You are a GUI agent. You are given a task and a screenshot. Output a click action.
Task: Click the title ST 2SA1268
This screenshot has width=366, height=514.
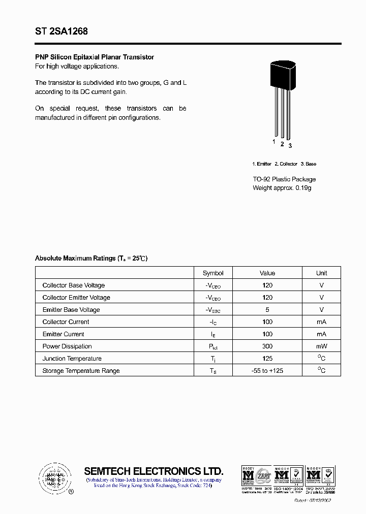tap(62, 31)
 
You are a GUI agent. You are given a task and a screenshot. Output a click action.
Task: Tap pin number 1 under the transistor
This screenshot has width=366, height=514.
tap(274, 142)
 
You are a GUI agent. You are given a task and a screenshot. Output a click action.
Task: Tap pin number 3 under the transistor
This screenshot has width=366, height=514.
tap(290, 146)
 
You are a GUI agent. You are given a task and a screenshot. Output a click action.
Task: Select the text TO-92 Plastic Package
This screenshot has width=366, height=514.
tap(284, 179)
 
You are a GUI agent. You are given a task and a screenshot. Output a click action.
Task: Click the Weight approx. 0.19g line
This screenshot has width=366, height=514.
tap(282, 188)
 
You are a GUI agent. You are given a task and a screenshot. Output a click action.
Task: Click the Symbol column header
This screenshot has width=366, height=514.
tap(213, 273)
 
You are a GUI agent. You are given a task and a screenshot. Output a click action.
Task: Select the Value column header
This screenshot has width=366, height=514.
tap(267, 273)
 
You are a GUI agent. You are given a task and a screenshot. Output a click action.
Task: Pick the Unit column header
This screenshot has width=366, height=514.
tap(321, 273)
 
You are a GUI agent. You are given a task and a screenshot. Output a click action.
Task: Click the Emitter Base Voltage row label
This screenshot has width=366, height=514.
tap(71, 310)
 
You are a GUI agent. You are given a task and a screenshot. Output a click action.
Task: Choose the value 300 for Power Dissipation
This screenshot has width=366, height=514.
tap(267, 346)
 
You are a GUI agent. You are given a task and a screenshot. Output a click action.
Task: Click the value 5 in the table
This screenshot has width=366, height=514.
tap(267, 310)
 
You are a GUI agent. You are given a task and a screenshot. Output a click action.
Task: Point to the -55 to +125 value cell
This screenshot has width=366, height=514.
tap(267, 371)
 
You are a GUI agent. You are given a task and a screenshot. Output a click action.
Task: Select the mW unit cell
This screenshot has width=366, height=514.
tap(321, 346)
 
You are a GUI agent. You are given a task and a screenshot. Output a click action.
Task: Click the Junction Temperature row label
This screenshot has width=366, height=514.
tap(72, 359)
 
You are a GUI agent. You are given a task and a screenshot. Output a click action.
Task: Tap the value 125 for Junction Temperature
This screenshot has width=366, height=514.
tap(267, 359)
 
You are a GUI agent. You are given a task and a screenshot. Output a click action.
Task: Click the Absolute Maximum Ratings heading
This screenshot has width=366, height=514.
tap(91, 259)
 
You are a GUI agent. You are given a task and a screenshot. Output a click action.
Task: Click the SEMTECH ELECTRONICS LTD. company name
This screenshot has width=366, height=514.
tap(154, 471)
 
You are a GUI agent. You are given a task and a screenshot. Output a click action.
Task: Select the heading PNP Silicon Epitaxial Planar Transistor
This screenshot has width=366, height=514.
tap(94, 57)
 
